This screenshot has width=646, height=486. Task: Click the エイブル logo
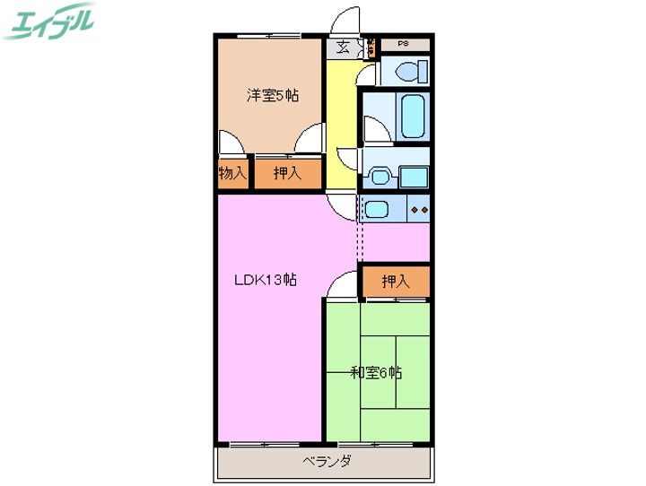click(48, 21)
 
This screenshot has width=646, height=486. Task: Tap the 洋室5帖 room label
click(273, 96)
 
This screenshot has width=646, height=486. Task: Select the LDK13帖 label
click(266, 280)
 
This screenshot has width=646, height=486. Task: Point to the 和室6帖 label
click(376, 373)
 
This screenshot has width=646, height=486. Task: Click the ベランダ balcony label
click(327, 461)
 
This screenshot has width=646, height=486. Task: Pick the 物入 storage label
click(232, 173)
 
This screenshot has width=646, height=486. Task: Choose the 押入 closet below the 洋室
click(287, 173)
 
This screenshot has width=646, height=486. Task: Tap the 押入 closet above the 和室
click(396, 282)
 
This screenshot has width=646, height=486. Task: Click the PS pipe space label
click(404, 43)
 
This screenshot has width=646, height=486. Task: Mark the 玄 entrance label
click(343, 48)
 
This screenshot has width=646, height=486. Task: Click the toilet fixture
click(412, 71)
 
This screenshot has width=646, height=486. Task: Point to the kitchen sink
click(377, 209)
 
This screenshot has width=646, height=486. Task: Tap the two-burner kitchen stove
click(419, 209)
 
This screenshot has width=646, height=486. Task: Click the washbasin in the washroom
click(380, 176)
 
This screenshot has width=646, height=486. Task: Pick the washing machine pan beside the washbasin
click(414, 178)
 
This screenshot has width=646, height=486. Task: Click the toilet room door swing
click(366, 75)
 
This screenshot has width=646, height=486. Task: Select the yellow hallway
click(341, 125)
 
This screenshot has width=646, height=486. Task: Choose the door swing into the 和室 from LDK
click(342, 284)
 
